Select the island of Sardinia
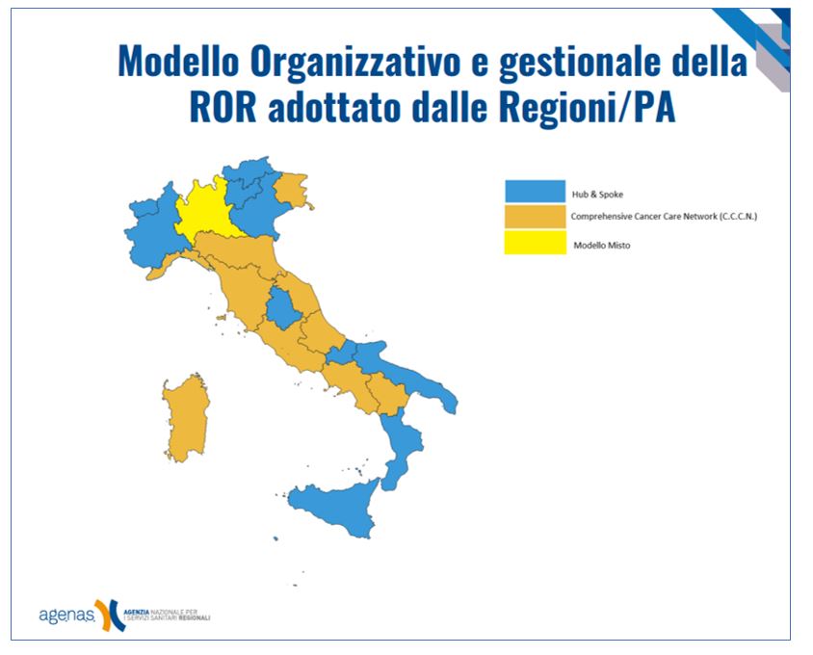pos(186,417)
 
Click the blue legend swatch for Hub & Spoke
pos(535,191)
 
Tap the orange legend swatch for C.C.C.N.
pos(535,217)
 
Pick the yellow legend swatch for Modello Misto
pos(535,242)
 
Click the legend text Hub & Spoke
pos(597,195)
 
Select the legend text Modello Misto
pos(602,246)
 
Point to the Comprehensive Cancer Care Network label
pos(664,217)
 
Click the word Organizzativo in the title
pos(354,62)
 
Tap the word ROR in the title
pos(223,107)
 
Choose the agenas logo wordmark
pos(67,616)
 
